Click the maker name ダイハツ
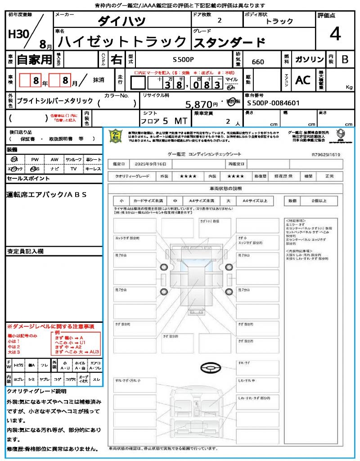(122, 21)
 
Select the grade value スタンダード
(229, 43)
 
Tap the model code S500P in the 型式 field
(184, 59)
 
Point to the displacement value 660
(258, 62)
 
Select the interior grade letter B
(345, 59)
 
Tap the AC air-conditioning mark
(303, 80)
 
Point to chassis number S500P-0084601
(273, 103)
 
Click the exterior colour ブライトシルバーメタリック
(55, 101)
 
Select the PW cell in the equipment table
(35, 159)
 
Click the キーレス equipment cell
(93, 169)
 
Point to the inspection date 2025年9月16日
(154, 164)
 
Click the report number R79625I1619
(326, 154)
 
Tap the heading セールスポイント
(28, 179)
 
